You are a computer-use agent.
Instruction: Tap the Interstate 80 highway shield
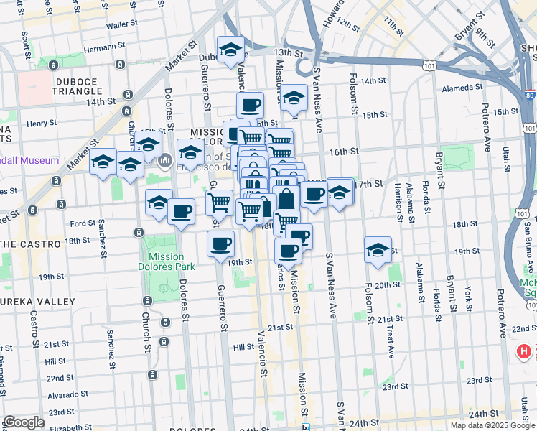(529, 94)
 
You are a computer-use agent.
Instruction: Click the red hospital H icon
(525, 352)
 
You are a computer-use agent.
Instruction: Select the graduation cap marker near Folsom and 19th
(378, 250)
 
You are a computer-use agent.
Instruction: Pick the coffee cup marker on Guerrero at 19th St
(221, 244)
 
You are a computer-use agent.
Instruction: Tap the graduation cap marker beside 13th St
(230, 50)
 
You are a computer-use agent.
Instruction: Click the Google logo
(24, 422)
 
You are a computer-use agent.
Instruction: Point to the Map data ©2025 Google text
(492, 425)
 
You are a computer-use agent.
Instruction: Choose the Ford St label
(83, 223)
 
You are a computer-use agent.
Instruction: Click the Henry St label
(42, 124)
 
